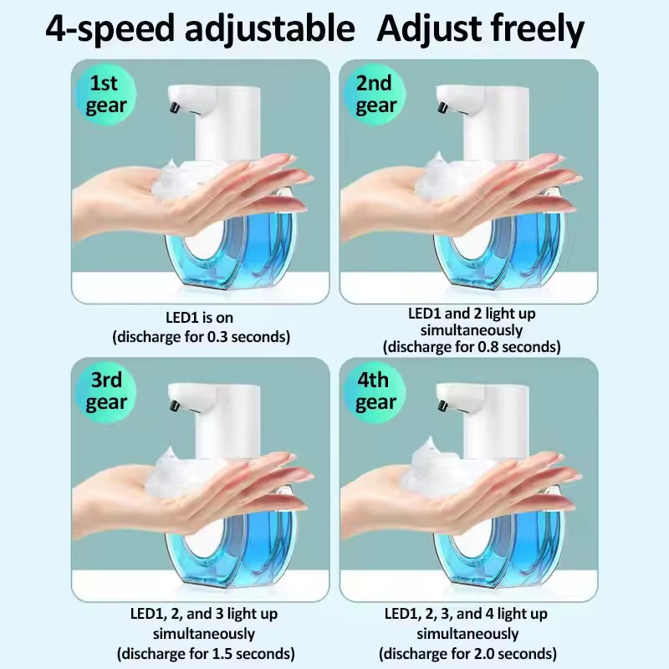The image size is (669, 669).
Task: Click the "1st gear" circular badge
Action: [x=107, y=94]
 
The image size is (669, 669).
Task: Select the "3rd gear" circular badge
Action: [x=107, y=391]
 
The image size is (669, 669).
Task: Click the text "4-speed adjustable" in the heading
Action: [x=200, y=29]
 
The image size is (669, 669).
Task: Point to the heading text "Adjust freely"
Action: [x=480, y=29]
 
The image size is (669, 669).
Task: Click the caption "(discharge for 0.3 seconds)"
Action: [x=201, y=337]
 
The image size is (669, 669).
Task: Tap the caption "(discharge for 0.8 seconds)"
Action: [x=472, y=346]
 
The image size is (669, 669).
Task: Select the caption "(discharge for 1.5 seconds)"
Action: [x=205, y=653]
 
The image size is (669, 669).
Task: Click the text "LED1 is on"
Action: [x=201, y=318]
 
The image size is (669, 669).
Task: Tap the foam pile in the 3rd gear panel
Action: [x=180, y=468]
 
